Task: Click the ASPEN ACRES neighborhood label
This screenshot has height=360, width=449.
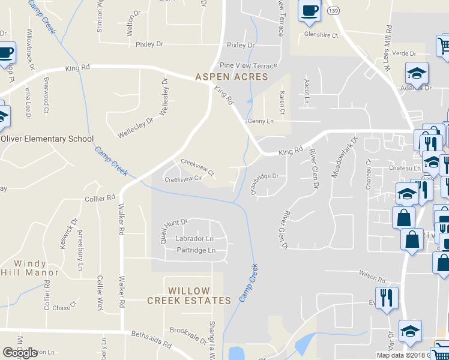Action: point(231,77)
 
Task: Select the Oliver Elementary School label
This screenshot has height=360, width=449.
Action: point(47,139)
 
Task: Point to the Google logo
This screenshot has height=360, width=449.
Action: point(20,353)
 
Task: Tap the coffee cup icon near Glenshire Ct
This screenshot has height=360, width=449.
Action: point(309,12)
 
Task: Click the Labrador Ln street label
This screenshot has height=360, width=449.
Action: point(194,238)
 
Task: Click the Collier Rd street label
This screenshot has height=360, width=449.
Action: point(100,198)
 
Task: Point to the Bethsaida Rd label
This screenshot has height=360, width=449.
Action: point(151,341)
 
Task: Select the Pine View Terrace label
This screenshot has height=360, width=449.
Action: point(249,65)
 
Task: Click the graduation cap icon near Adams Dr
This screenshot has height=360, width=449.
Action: point(417,74)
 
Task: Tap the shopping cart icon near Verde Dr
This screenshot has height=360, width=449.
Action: point(444,46)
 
